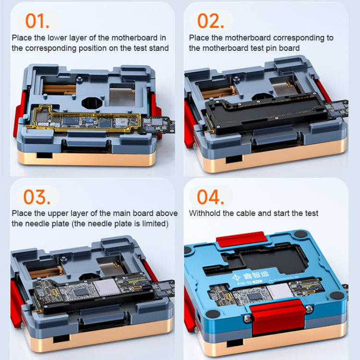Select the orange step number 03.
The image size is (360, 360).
coord(37,197)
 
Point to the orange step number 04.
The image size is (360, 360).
coord(211,197)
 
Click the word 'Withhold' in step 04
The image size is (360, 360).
coord(205,213)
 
